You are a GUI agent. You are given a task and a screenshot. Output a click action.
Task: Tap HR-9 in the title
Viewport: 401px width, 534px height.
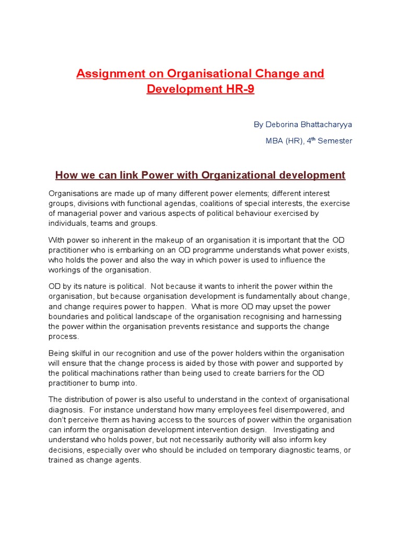tap(240, 89)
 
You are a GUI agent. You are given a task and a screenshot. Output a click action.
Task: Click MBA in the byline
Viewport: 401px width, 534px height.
tap(275, 141)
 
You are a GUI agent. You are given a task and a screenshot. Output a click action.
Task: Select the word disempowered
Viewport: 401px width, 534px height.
tap(299, 410)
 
